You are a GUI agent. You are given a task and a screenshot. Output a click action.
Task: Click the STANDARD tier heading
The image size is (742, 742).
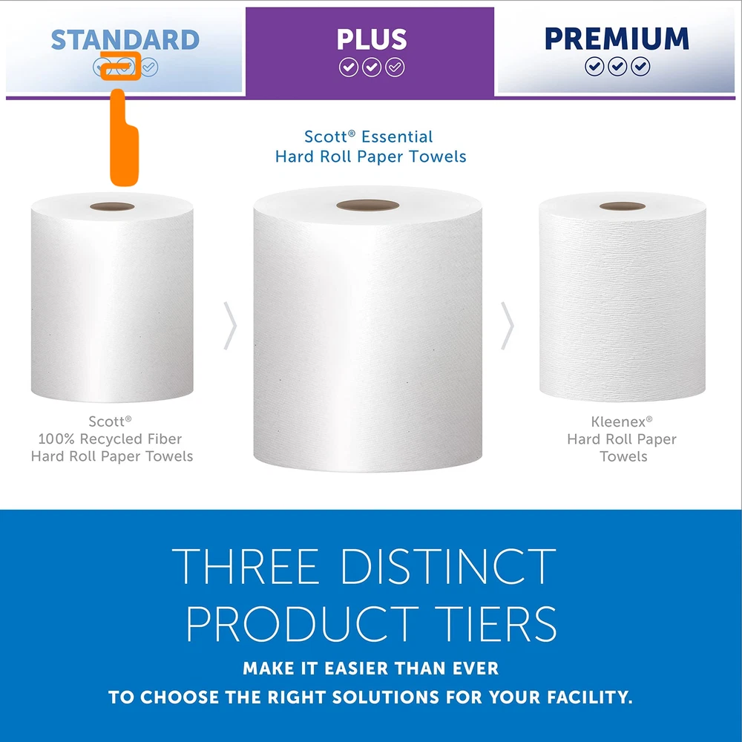(125, 40)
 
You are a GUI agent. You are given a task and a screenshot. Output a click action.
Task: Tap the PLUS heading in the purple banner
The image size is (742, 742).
(372, 39)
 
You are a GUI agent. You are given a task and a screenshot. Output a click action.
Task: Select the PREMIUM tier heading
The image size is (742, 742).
(617, 39)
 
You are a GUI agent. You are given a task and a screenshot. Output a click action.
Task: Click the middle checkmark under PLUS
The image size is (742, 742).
(372, 68)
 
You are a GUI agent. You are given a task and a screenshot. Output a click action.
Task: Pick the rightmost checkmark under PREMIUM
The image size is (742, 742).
(640, 66)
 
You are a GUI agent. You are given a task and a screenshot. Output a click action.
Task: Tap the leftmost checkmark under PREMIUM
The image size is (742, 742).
(594, 66)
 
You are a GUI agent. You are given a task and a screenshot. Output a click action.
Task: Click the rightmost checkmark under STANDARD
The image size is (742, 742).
(149, 68)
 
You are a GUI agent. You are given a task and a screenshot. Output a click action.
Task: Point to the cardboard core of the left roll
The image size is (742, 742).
(112, 207)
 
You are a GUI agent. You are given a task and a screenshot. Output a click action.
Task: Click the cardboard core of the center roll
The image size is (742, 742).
(368, 206)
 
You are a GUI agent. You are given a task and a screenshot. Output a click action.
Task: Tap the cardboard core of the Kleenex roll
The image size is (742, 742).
(623, 206)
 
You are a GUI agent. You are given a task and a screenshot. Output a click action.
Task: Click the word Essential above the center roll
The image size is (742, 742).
(396, 137)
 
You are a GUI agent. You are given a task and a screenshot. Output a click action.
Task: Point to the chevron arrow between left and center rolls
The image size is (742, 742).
(230, 326)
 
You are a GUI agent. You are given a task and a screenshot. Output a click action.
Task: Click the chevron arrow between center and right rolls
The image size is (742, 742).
(508, 326)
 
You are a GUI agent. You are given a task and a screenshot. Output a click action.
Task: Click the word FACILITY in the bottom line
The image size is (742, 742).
(588, 697)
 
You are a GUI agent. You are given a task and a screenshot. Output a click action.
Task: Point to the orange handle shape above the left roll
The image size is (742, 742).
(124, 137)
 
